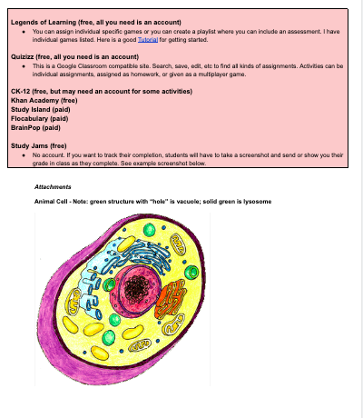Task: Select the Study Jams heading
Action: tap(34, 145)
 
